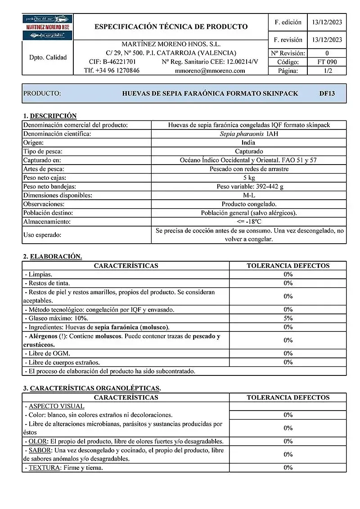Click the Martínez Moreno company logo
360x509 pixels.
(x=47, y=27)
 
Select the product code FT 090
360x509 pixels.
(x=327, y=62)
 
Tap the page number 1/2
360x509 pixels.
(x=327, y=71)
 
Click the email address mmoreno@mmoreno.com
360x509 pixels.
(x=210, y=71)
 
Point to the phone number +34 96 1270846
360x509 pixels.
(x=112, y=71)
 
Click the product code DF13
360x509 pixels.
(x=327, y=94)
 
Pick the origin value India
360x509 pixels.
(x=248, y=143)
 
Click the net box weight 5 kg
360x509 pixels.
(x=248, y=178)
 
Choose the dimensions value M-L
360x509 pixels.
(x=248, y=195)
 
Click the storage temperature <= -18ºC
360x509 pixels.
(x=248, y=222)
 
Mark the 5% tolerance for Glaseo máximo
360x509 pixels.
(x=288, y=318)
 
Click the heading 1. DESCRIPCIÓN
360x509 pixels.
(x=49, y=116)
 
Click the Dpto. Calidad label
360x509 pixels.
(x=47, y=58)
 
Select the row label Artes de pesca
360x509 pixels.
(x=44, y=169)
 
